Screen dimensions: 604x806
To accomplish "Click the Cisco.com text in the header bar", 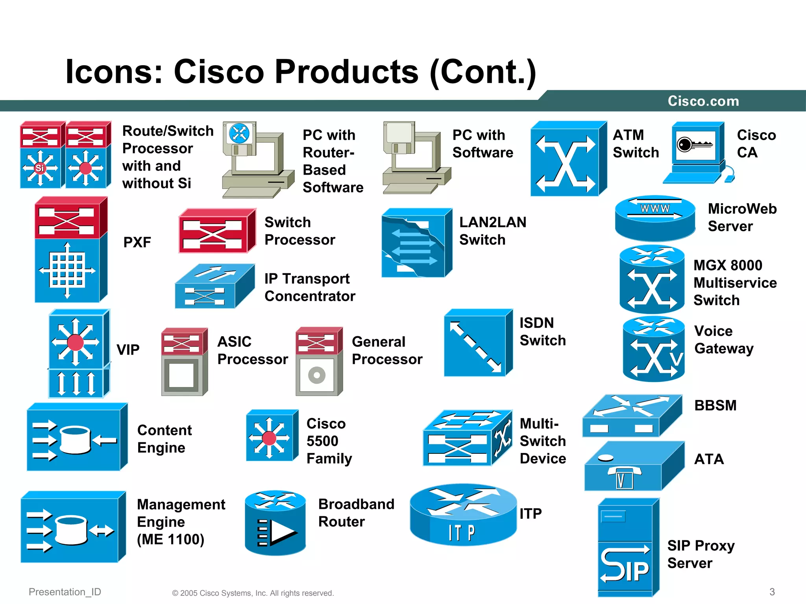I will click(703, 101).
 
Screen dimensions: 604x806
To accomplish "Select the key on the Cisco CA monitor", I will click(694, 145).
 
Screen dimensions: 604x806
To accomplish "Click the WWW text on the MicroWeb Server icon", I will click(655, 208).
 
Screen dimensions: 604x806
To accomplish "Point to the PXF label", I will click(137, 242).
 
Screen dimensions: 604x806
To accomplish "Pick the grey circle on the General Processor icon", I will click(317, 375).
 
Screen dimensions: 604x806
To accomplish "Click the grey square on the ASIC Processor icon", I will click(181, 375).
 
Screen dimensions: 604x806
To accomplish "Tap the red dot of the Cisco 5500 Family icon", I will click(269, 438).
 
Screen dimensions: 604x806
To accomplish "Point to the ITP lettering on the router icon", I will click(462, 533).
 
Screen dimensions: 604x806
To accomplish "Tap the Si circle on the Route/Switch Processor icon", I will click(40, 168).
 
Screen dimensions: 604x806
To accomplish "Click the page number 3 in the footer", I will click(772, 592).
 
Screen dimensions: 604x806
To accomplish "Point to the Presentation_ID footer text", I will click(65, 592).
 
